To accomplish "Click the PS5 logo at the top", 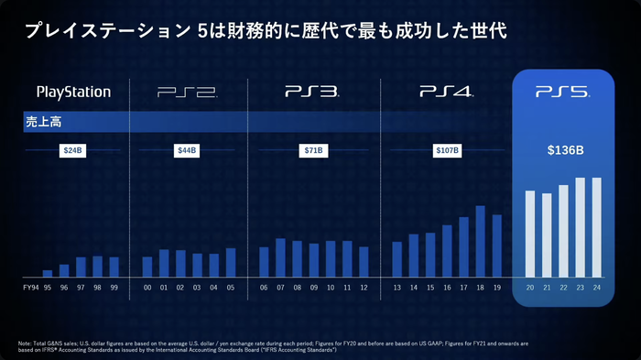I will [561, 92].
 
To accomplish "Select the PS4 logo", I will [446, 92].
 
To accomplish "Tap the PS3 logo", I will [312, 92].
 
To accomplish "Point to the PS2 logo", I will [187, 92].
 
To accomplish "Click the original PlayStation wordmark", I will [73, 92].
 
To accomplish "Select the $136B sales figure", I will [561, 149].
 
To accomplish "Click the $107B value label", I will [446, 149].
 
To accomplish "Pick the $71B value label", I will [313, 149].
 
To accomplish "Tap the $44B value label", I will [188, 149].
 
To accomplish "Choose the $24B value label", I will [73, 149].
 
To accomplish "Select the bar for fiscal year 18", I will [480, 240].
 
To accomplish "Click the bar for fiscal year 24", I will [597, 226].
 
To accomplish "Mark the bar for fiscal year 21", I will [547, 235].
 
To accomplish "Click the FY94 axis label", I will [30, 288].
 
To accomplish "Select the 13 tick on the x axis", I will [397, 288].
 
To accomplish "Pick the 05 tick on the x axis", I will [231, 288].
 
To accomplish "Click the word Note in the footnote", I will [26, 342].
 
